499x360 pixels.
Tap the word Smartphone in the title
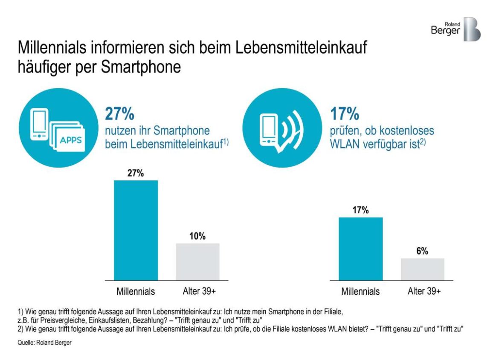[x=141, y=67]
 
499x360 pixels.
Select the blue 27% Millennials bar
[x=136, y=230]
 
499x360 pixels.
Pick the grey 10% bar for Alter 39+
[x=198, y=261]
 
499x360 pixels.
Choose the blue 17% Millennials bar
[x=361, y=249]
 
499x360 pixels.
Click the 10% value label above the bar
[x=198, y=236]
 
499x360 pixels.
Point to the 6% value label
[x=422, y=251]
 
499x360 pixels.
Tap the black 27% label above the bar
[x=136, y=173]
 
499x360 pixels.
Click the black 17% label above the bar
[x=361, y=210]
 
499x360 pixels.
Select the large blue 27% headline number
[x=120, y=115]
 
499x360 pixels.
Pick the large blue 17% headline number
[x=345, y=115]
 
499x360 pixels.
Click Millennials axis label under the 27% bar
[x=136, y=292]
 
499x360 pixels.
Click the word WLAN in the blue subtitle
[x=345, y=143]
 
